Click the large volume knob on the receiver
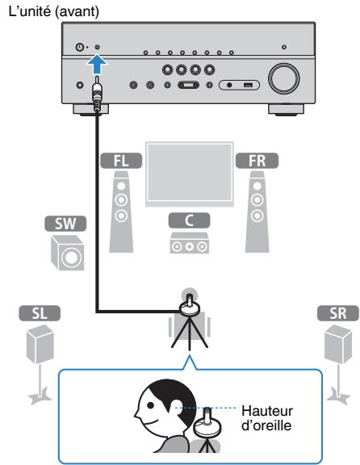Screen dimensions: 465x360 tap(283, 80)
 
